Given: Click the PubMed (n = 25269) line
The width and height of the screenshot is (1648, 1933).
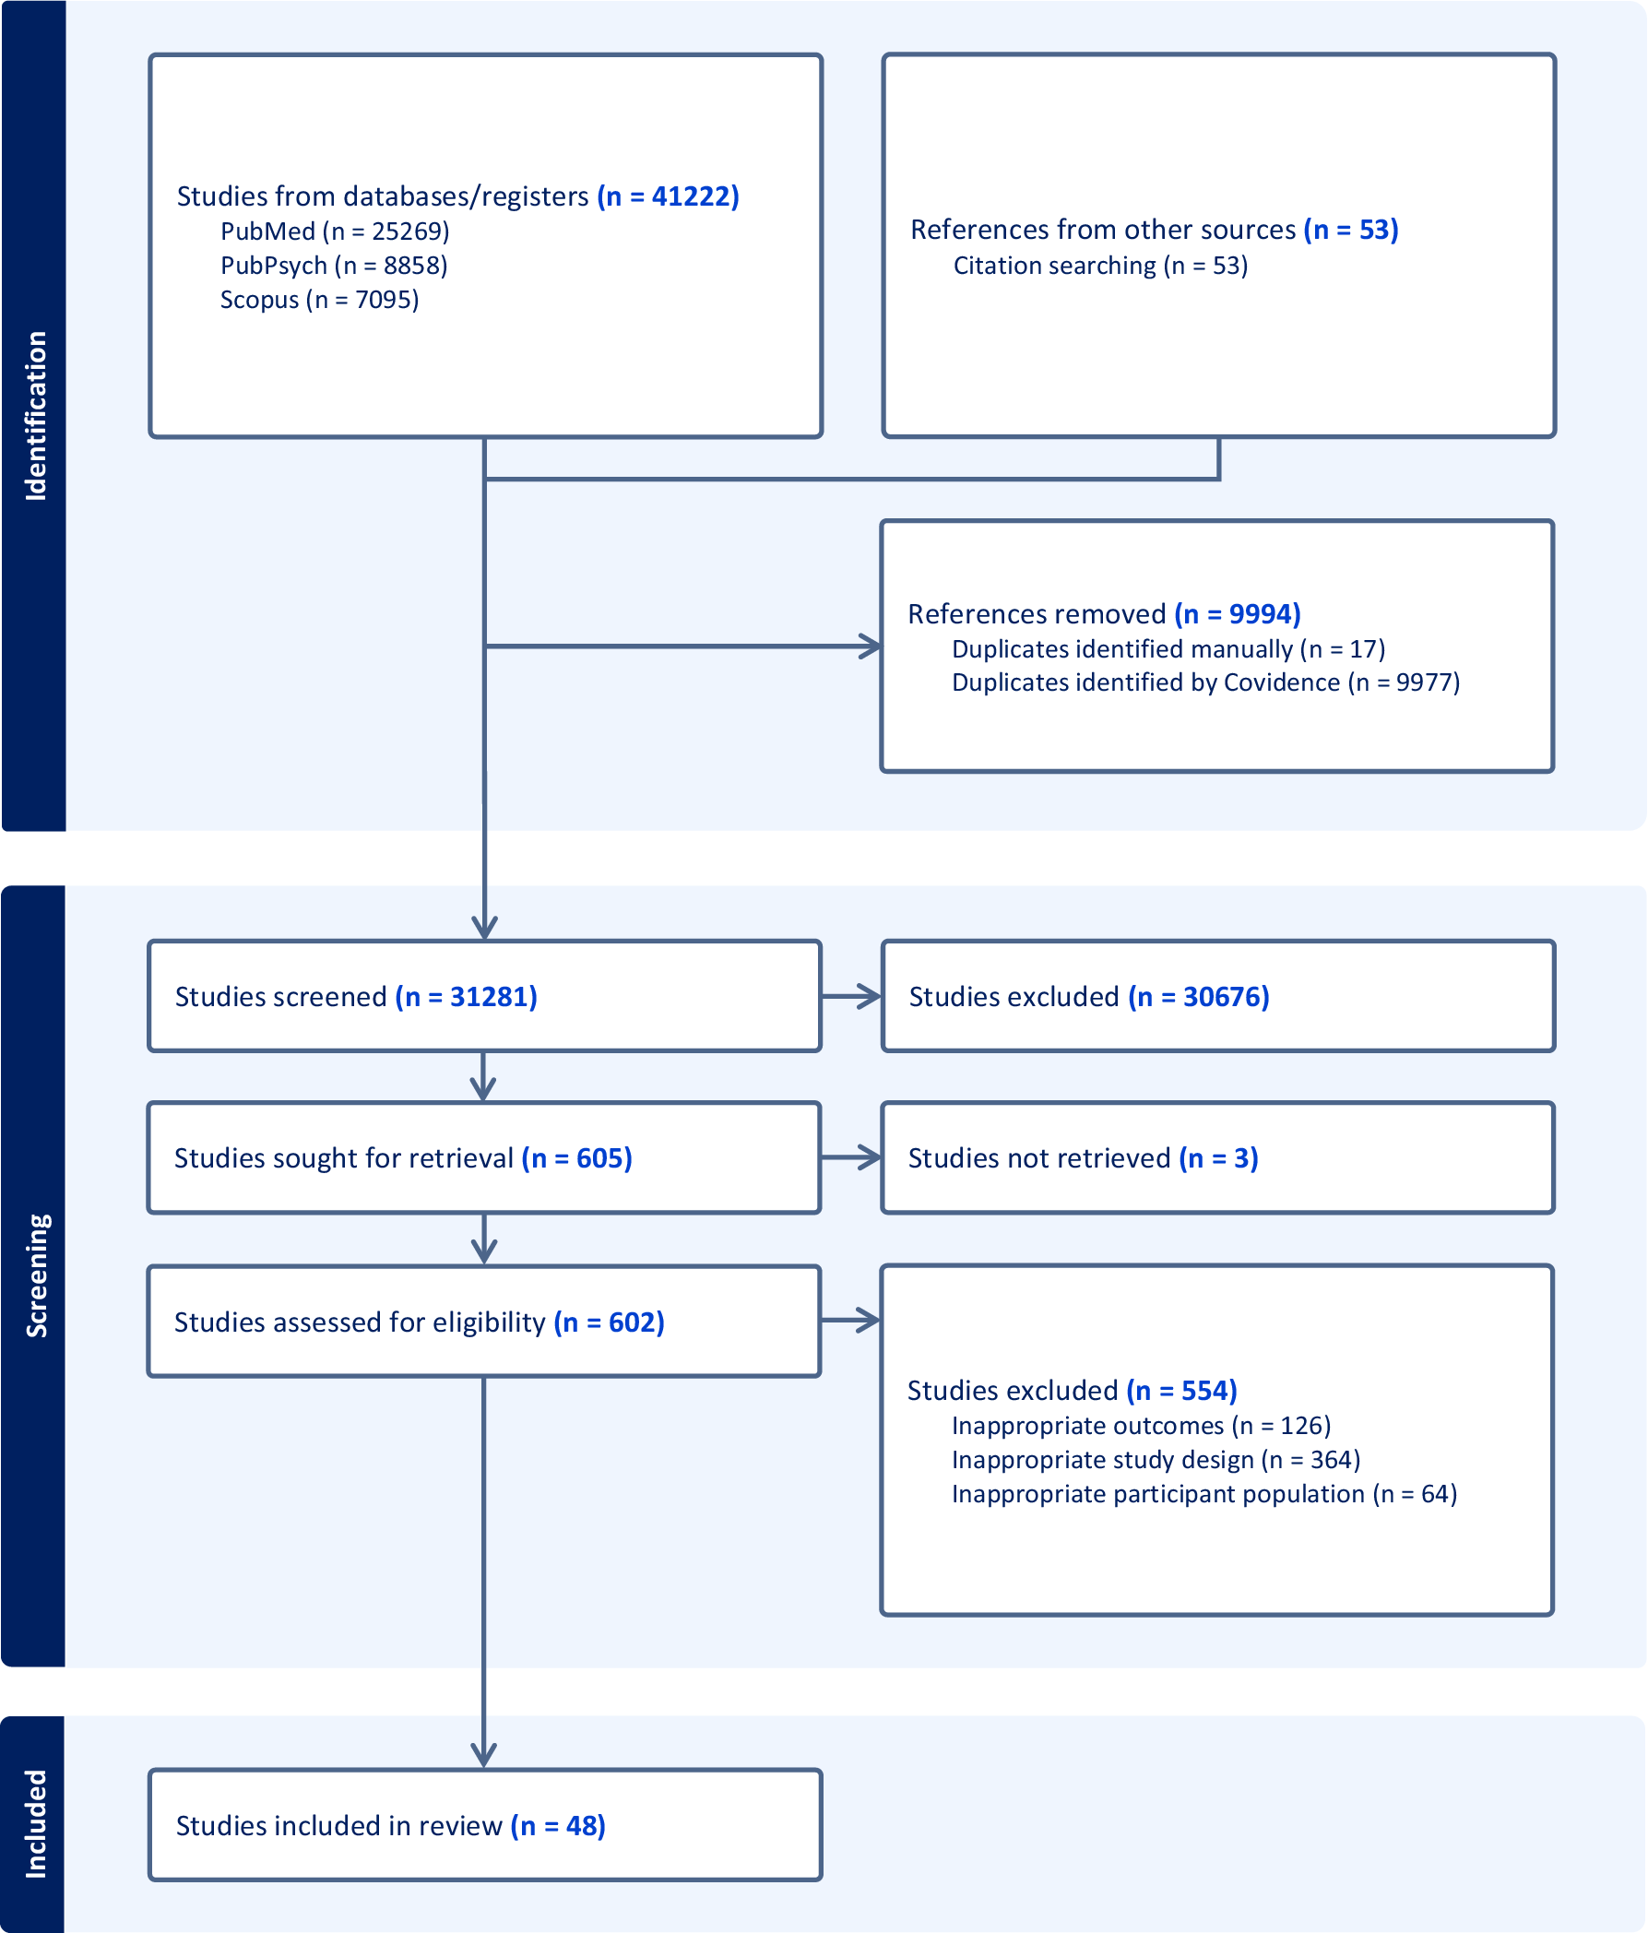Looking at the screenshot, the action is [x=335, y=231].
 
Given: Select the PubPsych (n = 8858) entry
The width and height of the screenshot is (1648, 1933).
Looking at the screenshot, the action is [x=334, y=266].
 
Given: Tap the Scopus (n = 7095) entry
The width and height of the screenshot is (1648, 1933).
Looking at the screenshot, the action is [x=319, y=300].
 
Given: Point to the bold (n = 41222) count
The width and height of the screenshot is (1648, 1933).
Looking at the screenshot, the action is [x=668, y=196].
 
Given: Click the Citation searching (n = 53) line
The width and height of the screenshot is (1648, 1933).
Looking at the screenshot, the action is [x=1100, y=266].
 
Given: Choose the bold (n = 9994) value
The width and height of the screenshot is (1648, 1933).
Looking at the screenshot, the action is [x=1237, y=614].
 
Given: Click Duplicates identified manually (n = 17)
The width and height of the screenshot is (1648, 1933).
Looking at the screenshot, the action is [x=1168, y=648].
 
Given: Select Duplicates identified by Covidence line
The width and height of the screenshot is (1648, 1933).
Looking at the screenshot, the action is [x=1206, y=682].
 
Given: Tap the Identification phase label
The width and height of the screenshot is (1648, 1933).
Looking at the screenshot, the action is [x=35, y=416].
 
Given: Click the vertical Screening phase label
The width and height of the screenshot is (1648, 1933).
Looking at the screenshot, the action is [x=35, y=1276].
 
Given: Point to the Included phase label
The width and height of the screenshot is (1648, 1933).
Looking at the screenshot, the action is [x=35, y=1824].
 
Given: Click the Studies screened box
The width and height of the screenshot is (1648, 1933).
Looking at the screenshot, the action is [x=484, y=996].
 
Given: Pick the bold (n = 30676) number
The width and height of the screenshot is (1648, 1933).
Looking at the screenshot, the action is [x=1199, y=996].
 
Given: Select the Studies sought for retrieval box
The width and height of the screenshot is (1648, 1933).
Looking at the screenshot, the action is [x=484, y=1157].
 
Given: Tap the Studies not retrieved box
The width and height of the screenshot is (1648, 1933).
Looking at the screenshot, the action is [x=1217, y=1157].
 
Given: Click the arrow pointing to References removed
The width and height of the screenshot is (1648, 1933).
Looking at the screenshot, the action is [x=682, y=646].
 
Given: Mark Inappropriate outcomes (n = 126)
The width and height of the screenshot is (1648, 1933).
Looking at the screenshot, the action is [x=1141, y=1426].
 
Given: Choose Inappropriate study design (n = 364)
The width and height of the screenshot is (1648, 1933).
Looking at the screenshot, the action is [x=1156, y=1459].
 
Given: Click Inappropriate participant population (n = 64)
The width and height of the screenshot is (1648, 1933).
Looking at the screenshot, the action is [x=1204, y=1494].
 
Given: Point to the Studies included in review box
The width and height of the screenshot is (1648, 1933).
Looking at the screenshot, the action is [x=485, y=1825].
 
